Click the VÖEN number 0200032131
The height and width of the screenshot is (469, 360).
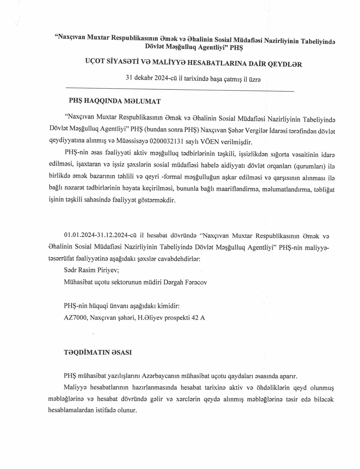166,142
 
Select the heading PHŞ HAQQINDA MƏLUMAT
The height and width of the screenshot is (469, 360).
114,101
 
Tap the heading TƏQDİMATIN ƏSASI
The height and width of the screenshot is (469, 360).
98,352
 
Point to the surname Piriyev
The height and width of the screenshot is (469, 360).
108,270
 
